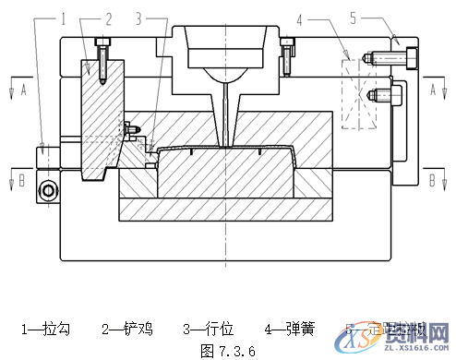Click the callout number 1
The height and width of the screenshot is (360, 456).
[x=65, y=18]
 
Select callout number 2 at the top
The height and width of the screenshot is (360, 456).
[x=108, y=18]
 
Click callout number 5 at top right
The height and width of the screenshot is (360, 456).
[x=353, y=18]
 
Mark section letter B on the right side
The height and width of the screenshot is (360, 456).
[x=433, y=178]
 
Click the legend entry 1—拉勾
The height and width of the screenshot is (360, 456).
[x=45, y=329]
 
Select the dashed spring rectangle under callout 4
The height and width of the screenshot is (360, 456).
[x=360, y=94]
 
